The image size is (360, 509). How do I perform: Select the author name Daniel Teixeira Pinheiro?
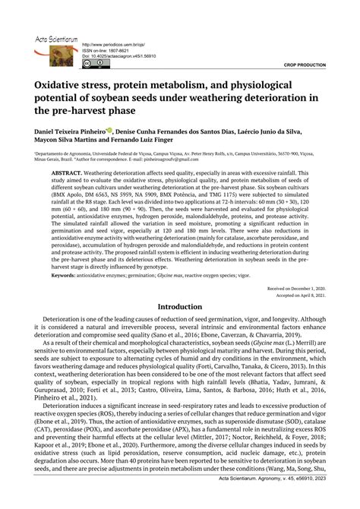[71, 131]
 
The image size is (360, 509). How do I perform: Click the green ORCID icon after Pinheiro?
[110, 130]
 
